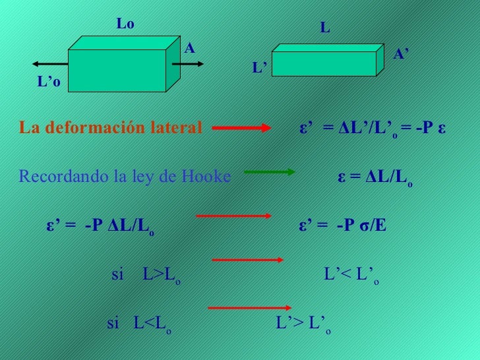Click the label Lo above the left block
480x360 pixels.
click(125, 24)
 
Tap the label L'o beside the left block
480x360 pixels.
click(49, 82)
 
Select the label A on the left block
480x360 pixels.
click(190, 48)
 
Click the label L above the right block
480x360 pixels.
click(325, 28)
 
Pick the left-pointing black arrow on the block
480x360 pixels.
click(49, 64)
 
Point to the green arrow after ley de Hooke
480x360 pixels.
click(269, 173)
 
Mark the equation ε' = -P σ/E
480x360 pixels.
click(343, 226)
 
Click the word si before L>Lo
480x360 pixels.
click(118, 275)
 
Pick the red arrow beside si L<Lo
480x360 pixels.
click(250, 308)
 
